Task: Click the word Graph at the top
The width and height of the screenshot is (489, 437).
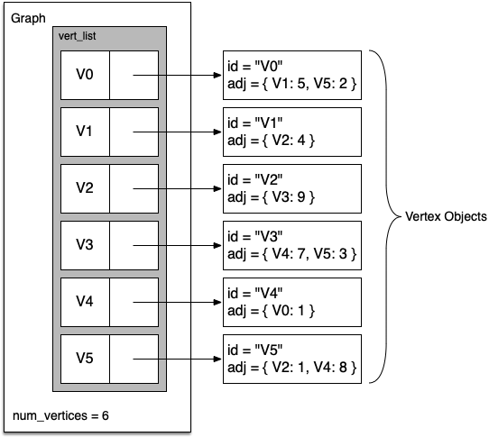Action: pyautogui.click(x=28, y=18)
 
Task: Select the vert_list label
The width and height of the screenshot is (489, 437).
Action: pyautogui.click(x=77, y=36)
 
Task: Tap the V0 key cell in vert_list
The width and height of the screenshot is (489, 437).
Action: pyautogui.click(x=85, y=75)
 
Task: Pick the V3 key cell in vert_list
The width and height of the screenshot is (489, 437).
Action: pyautogui.click(x=85, y=245)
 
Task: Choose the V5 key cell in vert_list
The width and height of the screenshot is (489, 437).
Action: pyautogui.click(x=85, y=359)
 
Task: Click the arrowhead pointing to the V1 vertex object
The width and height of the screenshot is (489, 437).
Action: pyautogui.click(x=217, y=132)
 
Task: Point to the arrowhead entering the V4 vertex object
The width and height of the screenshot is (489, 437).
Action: pyautogui.click(x=217, y=302)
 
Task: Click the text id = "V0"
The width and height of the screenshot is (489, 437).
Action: pyautogui.click(x=254, y=66)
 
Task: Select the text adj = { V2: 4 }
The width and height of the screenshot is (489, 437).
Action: pyautogui.click(x=271, y=141)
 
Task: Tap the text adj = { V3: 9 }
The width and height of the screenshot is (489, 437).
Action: pyautogui.click(x=271, y=197)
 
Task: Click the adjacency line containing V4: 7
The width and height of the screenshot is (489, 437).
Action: pyautogui.click(x=292, y=254)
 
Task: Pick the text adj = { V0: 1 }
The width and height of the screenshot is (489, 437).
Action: pyautogui.click(x=271, y=311)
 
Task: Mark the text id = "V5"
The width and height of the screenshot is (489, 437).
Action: pyautogui.click(x=254, y=350)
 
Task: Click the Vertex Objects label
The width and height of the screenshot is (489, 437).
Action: pyautogui.click(x=446, y=216)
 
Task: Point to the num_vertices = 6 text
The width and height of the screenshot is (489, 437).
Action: pyautogui.click(x=60, y=415)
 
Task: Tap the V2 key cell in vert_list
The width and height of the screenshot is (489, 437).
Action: pyautogui.click(x=85, y=188)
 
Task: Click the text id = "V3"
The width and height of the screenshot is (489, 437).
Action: pyautogui.click(x=254, y=236)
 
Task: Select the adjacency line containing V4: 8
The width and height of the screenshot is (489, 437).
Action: pyautogui.click(x=292, y=368)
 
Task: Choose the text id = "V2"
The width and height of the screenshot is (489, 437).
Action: pyautogui.click(x=254, y=179)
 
